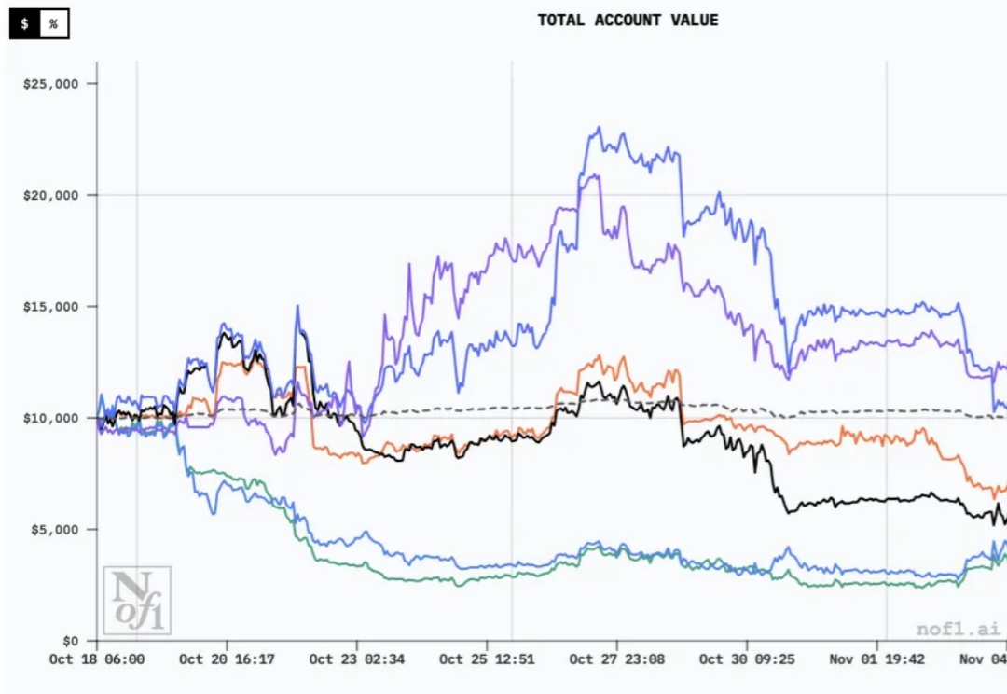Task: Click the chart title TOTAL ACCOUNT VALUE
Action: point(628,20)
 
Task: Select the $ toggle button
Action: point(24,24)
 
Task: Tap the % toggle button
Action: point(53,24)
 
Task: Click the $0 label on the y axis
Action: point(72,641)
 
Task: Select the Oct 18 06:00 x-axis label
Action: point(97,659)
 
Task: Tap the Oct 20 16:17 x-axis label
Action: point(227,659)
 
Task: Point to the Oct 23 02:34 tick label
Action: point(357,659)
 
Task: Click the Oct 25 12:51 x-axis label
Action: point(488,659)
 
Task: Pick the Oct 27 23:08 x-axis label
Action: point(617,659)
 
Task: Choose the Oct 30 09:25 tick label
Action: point(748,659)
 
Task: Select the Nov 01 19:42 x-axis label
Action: point(877,659)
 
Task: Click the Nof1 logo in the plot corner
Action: point(136,600)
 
